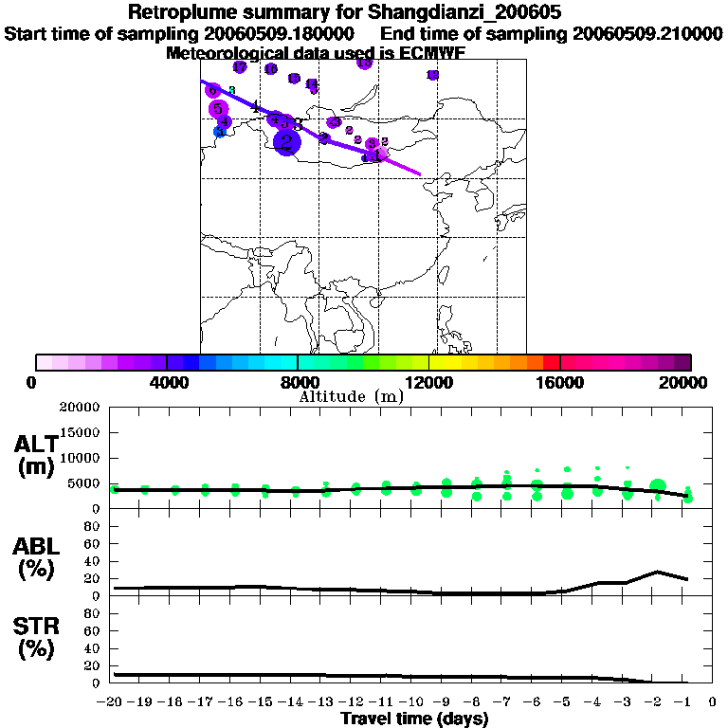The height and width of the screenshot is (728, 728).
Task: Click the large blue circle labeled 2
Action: click(x=286, y=142)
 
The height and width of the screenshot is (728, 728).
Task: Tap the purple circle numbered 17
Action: click(x=240, y=67)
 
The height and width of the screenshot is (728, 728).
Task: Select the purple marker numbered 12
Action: click(x=433, y=75)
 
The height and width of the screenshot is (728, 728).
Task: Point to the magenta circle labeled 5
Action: click(x=217, y=109)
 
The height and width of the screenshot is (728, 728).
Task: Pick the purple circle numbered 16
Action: click(x=271, y=69)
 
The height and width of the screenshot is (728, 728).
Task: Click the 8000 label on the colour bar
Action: click(x=298, y=382)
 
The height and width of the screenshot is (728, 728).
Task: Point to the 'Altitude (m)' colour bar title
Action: click(x=351, y=396)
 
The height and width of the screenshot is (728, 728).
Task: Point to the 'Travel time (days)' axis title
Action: click(x=414, y=719)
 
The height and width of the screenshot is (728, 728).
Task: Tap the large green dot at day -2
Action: click(x=657, y=486)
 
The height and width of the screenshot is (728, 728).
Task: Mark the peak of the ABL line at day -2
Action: click(x=657, y=572)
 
